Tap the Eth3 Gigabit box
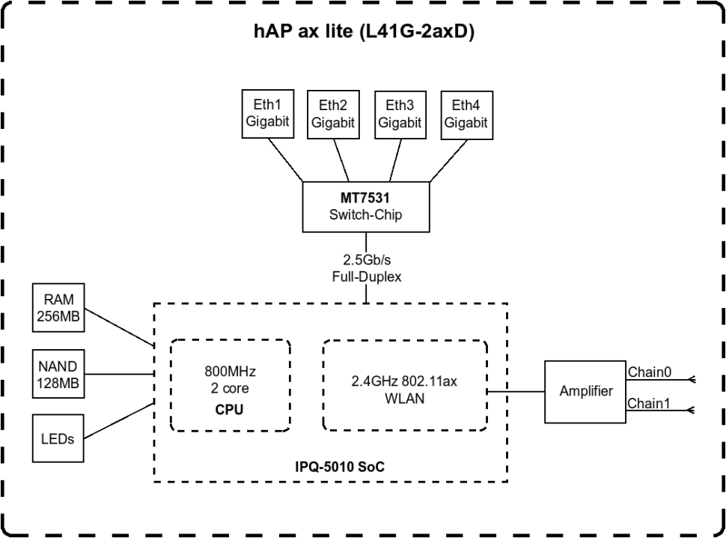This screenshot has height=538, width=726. point(399,114)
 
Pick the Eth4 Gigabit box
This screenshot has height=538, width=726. point(465,114)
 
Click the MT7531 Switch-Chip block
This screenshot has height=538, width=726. point(366,206)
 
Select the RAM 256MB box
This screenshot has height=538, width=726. point(58,308)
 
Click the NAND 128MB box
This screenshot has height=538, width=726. point(58,374)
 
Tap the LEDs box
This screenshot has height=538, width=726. point(58,439)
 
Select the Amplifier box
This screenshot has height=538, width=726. point(587,390)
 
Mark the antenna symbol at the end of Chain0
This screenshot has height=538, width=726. point(692,379)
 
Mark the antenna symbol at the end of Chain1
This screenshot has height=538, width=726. point(692,411)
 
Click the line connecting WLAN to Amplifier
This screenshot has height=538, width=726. point(516,391)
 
